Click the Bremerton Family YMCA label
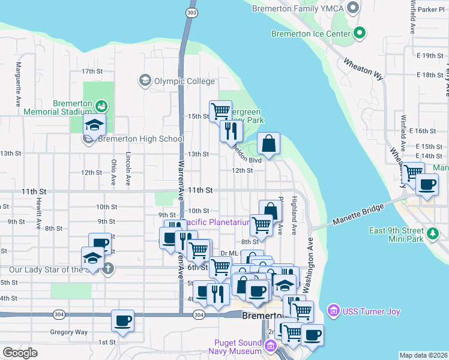coord(297,8)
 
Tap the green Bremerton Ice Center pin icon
coord(360,33)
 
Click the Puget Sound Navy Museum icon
coord(270,346)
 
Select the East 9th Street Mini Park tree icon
coord(432,232)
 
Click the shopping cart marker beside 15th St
coord(220,110)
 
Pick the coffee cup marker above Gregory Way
coord(122,320)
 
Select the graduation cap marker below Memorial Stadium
coord(94,125)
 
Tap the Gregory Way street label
coord(69,332)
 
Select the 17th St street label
coord(92,71)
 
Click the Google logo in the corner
coord(20,353)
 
